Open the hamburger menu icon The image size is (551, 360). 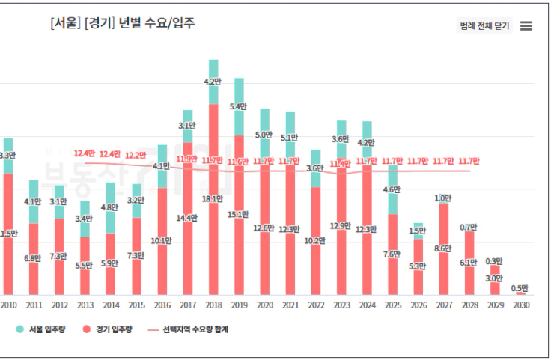[x=526, y=25]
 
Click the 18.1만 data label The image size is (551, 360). [x=213, y=199]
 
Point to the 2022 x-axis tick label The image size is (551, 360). [x=316, y=305]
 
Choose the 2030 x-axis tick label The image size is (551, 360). [x=520, y=305]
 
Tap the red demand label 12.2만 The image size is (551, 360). [x=136, y=155]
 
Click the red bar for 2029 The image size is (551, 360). [x=494, y=281]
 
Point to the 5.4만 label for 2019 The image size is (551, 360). [x=239, y=107]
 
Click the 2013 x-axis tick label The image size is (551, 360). [x=85, y=305]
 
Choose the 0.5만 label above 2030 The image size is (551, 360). [x=520, y=288]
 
